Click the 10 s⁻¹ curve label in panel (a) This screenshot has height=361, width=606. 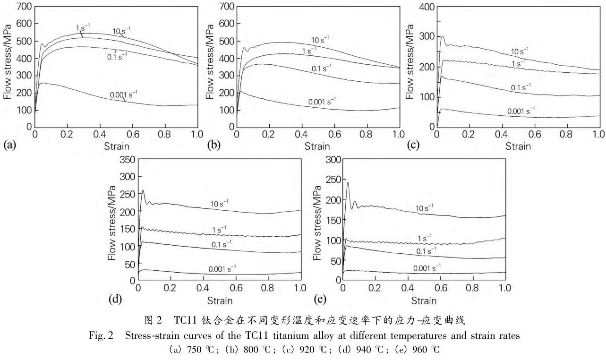120,31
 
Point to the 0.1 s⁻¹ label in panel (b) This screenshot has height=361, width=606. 321,68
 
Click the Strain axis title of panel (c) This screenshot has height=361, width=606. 519,146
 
